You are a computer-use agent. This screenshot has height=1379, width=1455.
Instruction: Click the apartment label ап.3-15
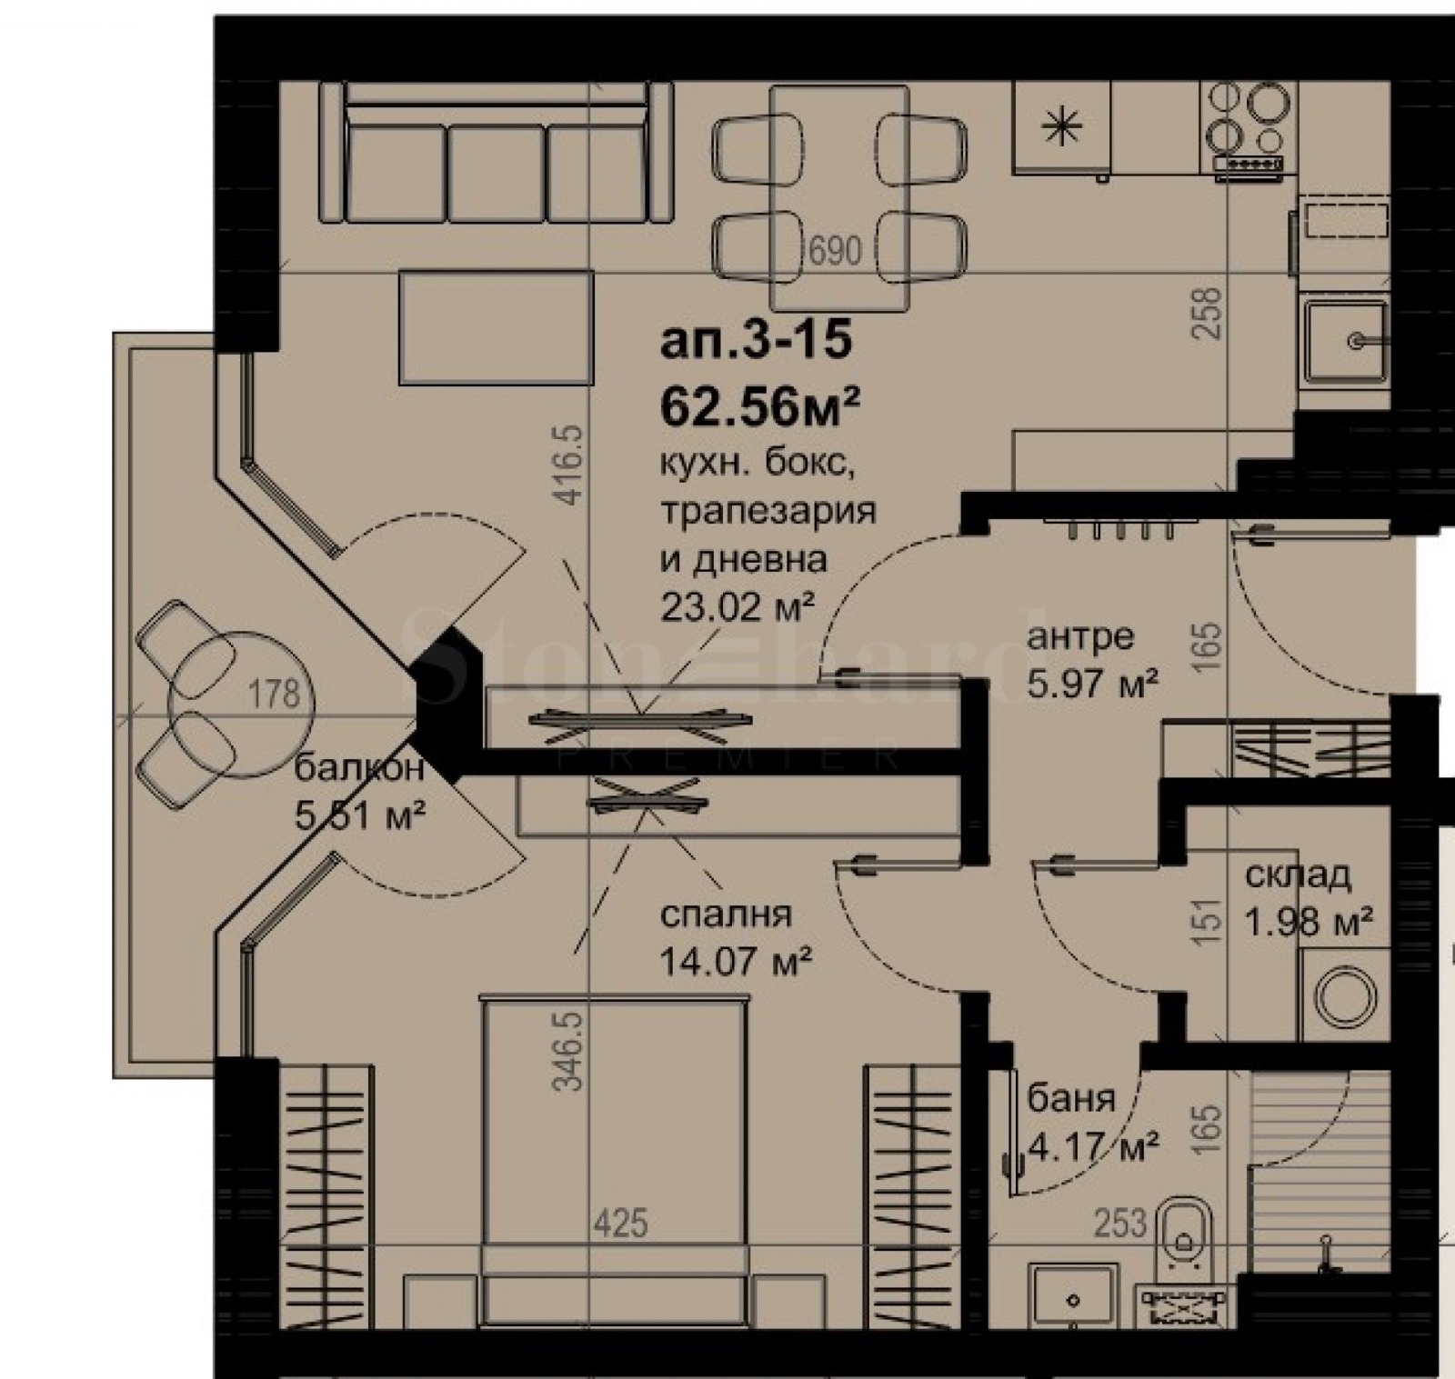coord(756,341)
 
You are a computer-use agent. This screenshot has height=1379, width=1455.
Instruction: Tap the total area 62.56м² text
coord(760,406)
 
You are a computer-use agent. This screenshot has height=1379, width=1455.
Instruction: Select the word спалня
coord(726,914)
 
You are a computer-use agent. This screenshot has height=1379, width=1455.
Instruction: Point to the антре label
coord(1080,636)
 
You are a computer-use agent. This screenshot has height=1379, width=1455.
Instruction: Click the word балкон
coord(359,768)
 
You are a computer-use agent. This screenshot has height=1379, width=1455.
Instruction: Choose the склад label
coord(1298,875)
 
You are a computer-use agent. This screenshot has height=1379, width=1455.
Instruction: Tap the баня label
coord(1071,1099)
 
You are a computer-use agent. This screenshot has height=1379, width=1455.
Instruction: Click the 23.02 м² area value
coord(736,606)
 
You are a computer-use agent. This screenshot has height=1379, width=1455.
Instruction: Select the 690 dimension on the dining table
coord(835,250)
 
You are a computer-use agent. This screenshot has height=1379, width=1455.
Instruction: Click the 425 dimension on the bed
coord(621,1223)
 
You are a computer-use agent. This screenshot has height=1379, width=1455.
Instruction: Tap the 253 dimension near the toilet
coord(1119,1224)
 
